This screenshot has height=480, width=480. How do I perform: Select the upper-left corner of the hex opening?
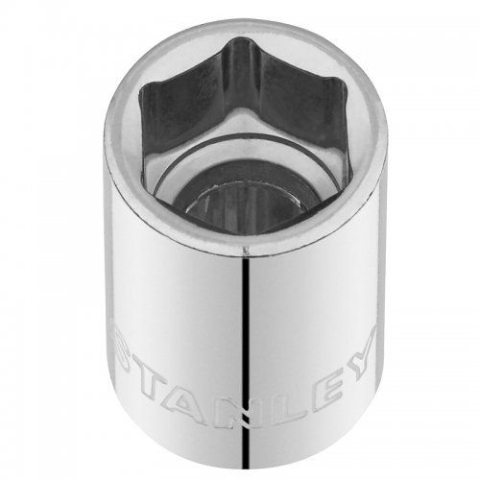[141, 88]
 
